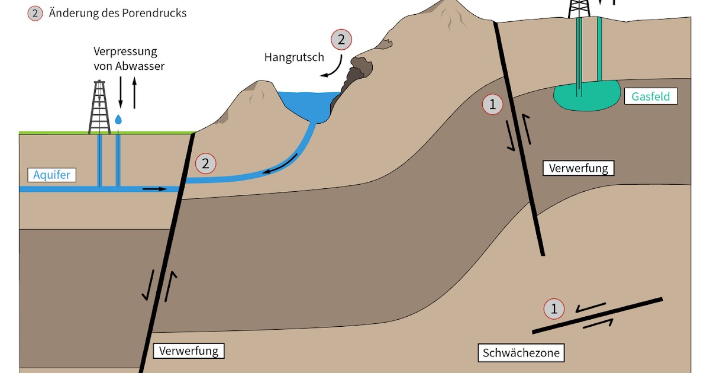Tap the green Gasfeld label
(x=650, y=96)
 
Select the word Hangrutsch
(x=294, y=57)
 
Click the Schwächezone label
(x=520, y=353)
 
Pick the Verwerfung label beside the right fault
(x=578, y=168)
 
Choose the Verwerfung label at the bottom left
(x=189, y=351)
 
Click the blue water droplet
(x=119, y=120)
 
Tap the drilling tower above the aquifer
(x=99, y=107)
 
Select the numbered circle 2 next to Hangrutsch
(x=340, y=40)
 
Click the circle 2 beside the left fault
(x=205, y=163)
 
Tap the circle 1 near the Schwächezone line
(x=554, y=308)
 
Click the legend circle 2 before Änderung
(x=35, y=12)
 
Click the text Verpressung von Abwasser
(x=129, y=58)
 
